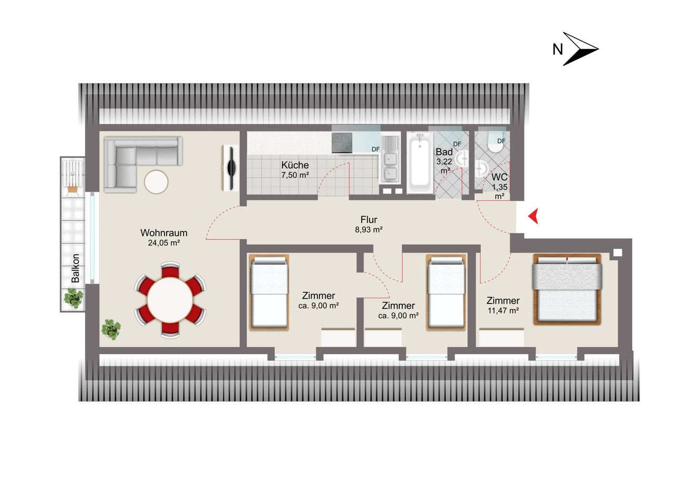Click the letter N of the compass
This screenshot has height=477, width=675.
coord(557,50)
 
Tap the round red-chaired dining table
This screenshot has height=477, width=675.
coord(170,300)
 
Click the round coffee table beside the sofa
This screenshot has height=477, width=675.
coord(156,182)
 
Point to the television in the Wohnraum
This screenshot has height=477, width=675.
coord(231,168)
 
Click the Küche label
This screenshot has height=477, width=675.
coord(295,165)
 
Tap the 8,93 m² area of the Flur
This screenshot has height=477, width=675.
coord(369,230)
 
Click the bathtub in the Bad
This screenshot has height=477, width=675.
coord(420,163)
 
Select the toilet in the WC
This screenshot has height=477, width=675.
coord(496,142)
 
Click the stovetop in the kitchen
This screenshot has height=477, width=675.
coord(342,143)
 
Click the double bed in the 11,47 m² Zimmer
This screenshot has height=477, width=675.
coord(567,289)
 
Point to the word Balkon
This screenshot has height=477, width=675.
coord(75,268)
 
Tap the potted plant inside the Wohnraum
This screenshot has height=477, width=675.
coord(111,329)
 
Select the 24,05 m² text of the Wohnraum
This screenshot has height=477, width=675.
coord(164,242)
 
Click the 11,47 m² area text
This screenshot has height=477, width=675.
coord(503,310)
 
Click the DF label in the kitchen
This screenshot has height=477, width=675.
coord(375,149)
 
